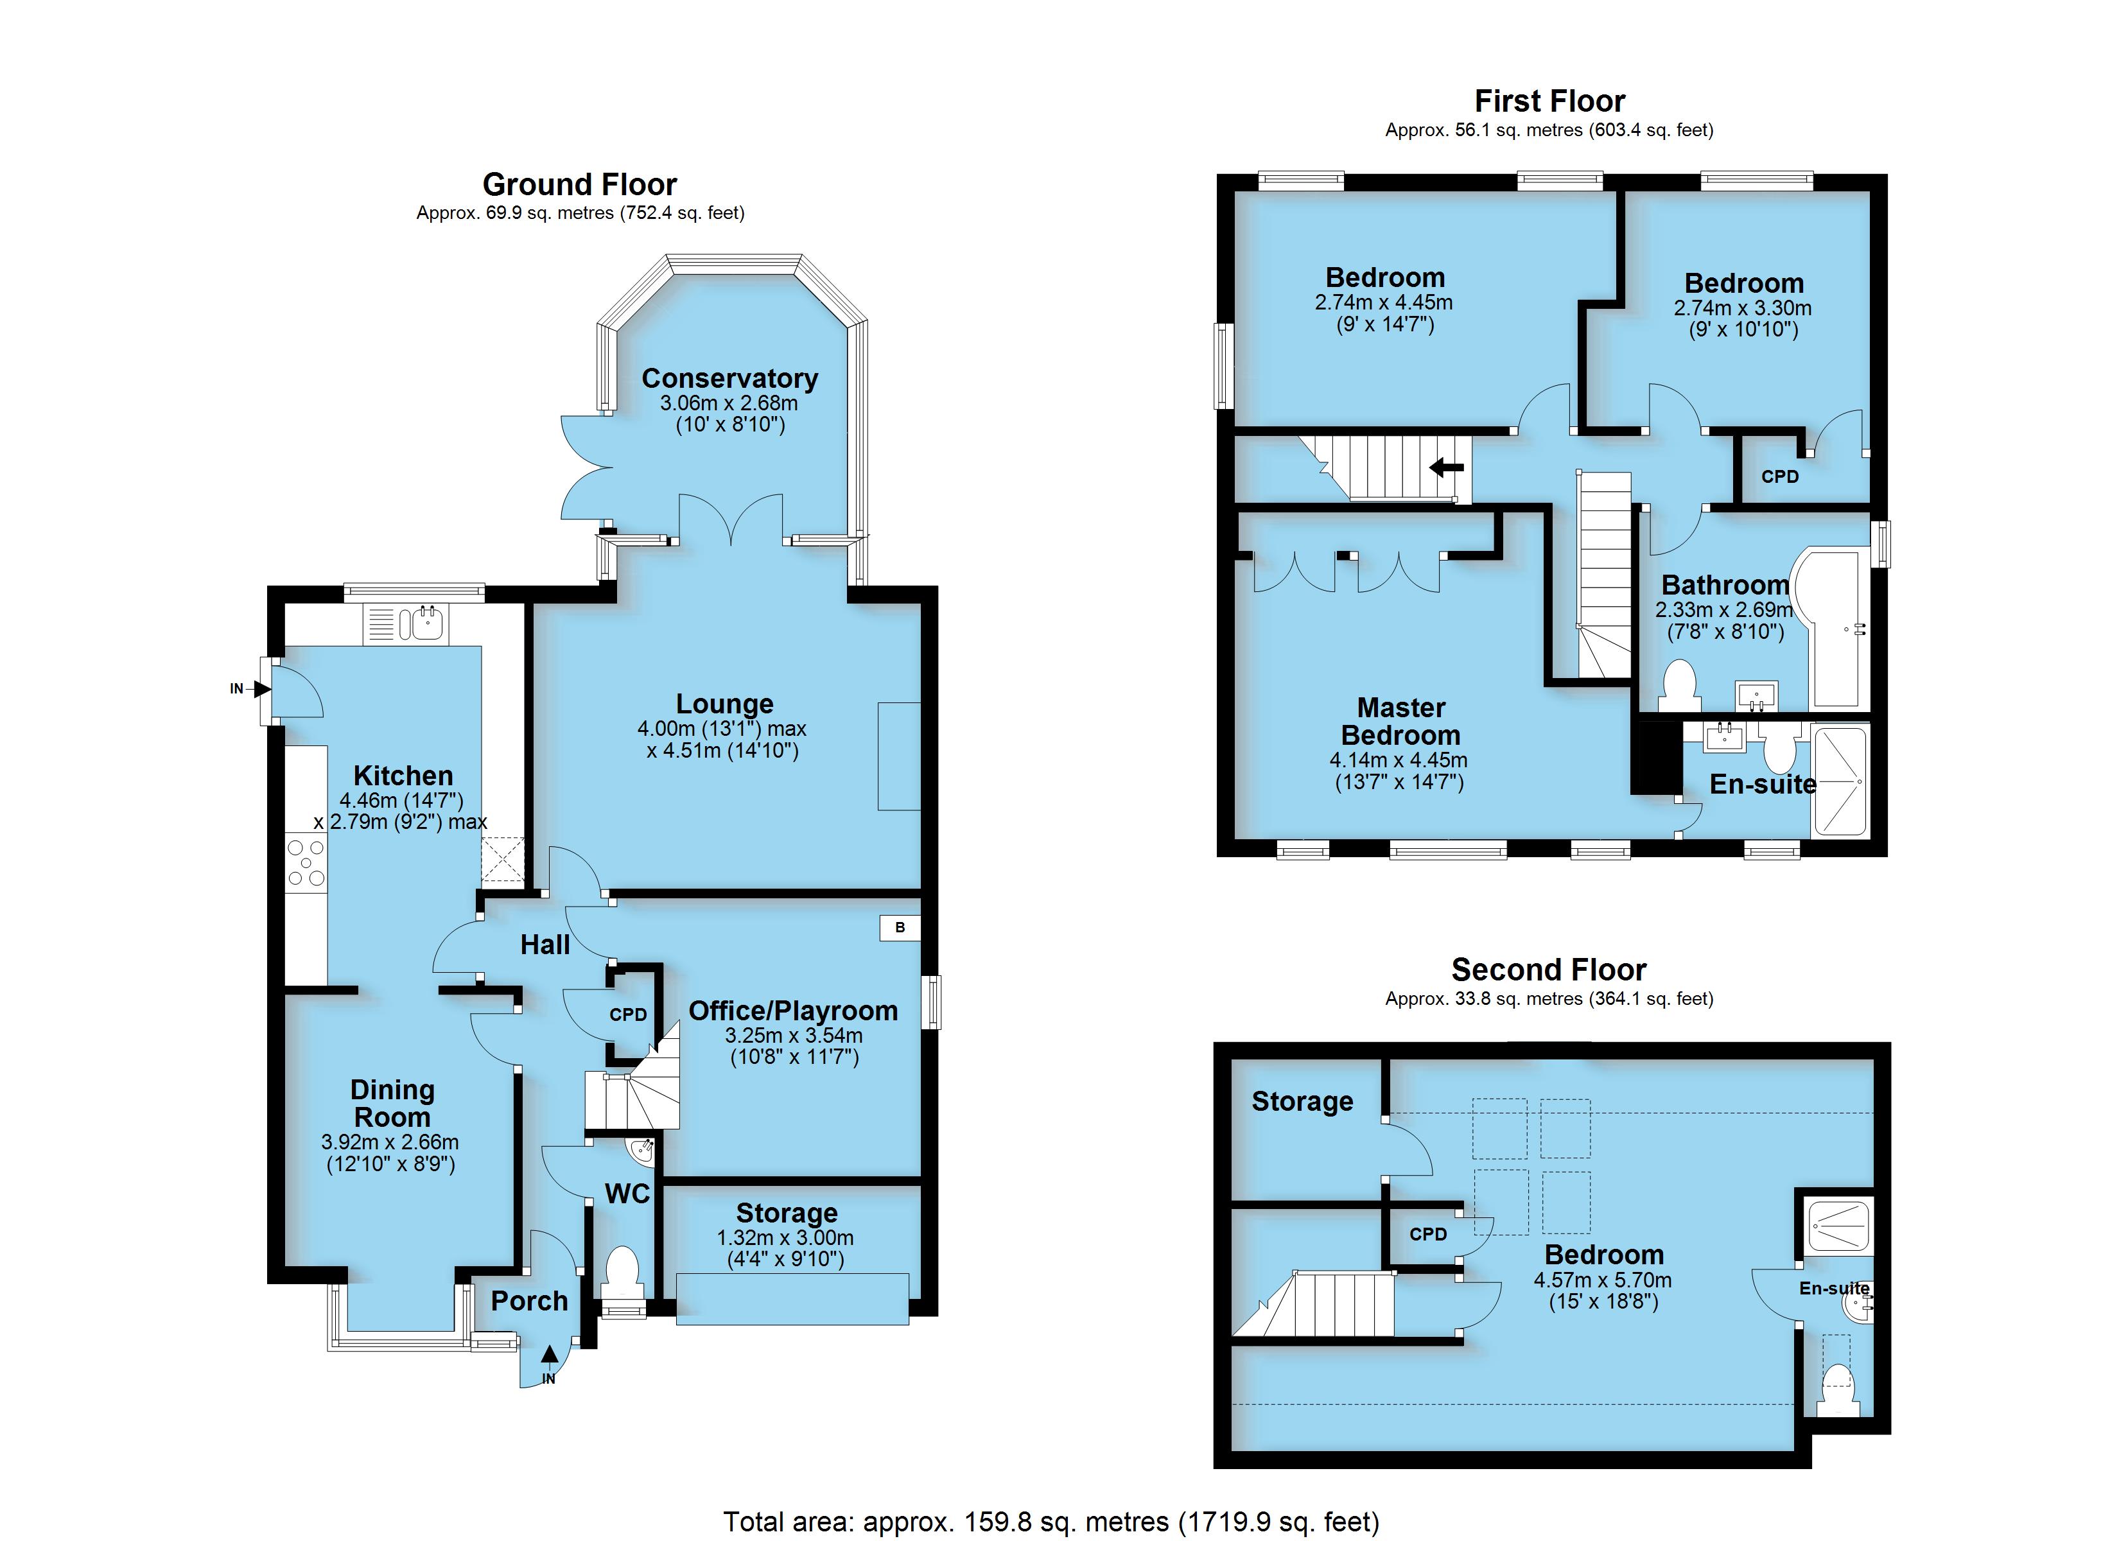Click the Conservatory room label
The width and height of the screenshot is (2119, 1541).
(x=729, y=378)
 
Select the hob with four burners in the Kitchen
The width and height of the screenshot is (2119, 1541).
(x=306, y=862)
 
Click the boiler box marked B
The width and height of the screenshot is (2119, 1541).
(x=900, y=928)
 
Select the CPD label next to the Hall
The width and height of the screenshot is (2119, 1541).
(x=628, y=1015)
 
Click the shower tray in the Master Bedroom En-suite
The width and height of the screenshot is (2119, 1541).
(x=1838, y=780)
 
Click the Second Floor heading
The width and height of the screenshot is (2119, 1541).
(x=1549, y=970)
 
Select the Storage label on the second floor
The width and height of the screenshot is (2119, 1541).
(x=1302, y=1102)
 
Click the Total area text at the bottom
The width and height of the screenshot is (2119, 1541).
(x=1051, y=1522)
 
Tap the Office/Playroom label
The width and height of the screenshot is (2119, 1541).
(x=793, y=1011)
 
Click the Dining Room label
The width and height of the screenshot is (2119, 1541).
(x=392, y=1104)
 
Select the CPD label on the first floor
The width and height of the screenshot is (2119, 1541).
(x=1780, y=476)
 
